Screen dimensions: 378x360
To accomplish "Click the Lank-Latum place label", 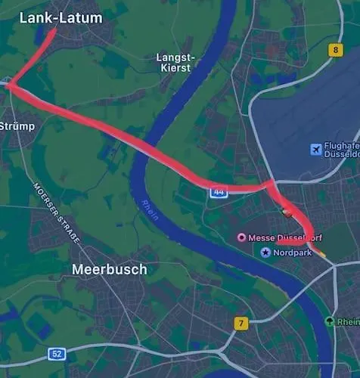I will coord(61,17).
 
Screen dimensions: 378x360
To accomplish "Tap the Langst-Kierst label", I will coord(175,62).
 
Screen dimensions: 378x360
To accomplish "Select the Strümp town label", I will coord(17,126).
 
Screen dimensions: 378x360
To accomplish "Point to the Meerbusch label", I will coord(109,269).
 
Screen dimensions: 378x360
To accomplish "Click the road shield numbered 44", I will coord(218,193).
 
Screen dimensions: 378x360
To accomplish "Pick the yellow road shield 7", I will coord(241,324).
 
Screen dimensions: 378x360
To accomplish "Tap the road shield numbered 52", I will coord(57,353).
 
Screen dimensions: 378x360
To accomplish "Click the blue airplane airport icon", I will coord(316,150).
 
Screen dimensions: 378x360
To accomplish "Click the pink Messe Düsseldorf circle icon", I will coord(242,237).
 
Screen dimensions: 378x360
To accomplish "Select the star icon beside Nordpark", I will coord(265,252).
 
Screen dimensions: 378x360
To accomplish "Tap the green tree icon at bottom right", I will coord(330,321).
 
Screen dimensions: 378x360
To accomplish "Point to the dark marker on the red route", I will coord(285,212).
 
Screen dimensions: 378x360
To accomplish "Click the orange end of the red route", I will coord(323,256).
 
